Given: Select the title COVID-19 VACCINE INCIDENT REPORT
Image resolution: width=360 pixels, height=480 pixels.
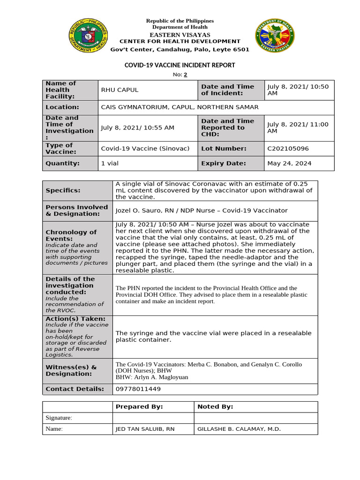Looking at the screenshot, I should [x=180, y=65].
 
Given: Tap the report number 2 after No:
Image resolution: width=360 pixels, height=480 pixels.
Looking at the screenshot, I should [x=185, y=75].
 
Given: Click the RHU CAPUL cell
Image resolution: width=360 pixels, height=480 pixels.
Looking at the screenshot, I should [x=120, y=90].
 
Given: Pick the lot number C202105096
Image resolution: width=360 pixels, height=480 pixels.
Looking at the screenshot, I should [x=288, y=149].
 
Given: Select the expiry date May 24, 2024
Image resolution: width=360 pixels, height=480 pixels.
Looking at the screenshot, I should [x=289, y=164].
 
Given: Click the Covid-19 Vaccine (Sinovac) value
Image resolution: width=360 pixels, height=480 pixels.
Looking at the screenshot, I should [x=145, y=149].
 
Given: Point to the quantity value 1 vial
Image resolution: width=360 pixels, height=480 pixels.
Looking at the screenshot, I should [x=110, y=164].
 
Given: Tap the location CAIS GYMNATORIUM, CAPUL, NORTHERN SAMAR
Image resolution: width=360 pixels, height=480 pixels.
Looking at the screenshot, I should [x=180, y=107].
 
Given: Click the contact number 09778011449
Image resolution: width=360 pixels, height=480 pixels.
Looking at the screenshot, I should [x=138, y=389].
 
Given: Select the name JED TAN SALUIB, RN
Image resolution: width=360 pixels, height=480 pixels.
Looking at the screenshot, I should [x=145, y=429].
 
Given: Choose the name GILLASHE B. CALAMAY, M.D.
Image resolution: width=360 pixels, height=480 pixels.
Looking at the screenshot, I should [x=239, y=429].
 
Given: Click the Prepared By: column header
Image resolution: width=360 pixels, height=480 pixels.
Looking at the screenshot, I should [x=139, y=407].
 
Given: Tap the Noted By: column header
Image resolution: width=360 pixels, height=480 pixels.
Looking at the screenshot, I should [x=215, y=407].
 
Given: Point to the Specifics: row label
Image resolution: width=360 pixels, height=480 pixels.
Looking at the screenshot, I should [x=63, y=191].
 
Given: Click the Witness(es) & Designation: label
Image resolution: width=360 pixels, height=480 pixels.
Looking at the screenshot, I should [x=71, y=370].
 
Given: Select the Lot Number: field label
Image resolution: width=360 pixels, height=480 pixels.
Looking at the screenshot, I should [x=224, y=149].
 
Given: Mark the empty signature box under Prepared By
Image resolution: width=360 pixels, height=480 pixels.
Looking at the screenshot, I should [x=153, y=418].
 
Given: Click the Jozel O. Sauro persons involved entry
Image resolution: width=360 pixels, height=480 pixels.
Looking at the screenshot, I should [x=201, y=211].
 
